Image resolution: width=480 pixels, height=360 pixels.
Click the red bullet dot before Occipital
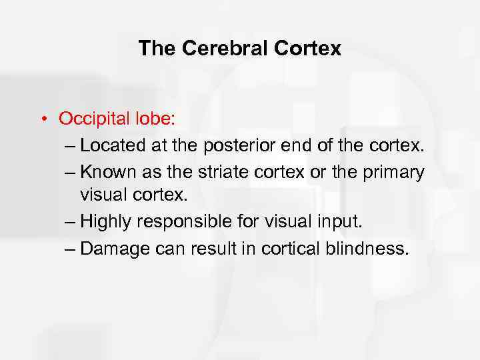[41, 120]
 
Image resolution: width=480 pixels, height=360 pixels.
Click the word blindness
[366, 250]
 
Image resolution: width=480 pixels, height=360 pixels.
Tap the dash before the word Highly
[67, 224]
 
